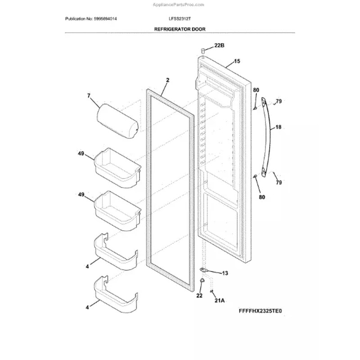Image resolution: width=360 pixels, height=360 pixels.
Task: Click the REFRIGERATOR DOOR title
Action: click(180, 28)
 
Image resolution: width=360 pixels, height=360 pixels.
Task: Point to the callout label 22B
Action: click(219, 46)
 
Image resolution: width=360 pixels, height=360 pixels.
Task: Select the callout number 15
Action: click(237, 61)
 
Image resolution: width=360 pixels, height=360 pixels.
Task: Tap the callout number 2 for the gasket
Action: click(167, 80)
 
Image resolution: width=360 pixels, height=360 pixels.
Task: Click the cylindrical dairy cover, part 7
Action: click(117, 120)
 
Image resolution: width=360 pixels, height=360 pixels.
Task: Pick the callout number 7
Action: click(89, 95)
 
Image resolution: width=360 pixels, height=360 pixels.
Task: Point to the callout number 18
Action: click(278, 127)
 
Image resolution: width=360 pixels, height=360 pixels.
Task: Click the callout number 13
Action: click(225, 273)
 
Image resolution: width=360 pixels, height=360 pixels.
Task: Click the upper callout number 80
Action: click(256, 90)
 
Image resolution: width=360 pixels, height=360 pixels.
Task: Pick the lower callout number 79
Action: click(279, 182)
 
